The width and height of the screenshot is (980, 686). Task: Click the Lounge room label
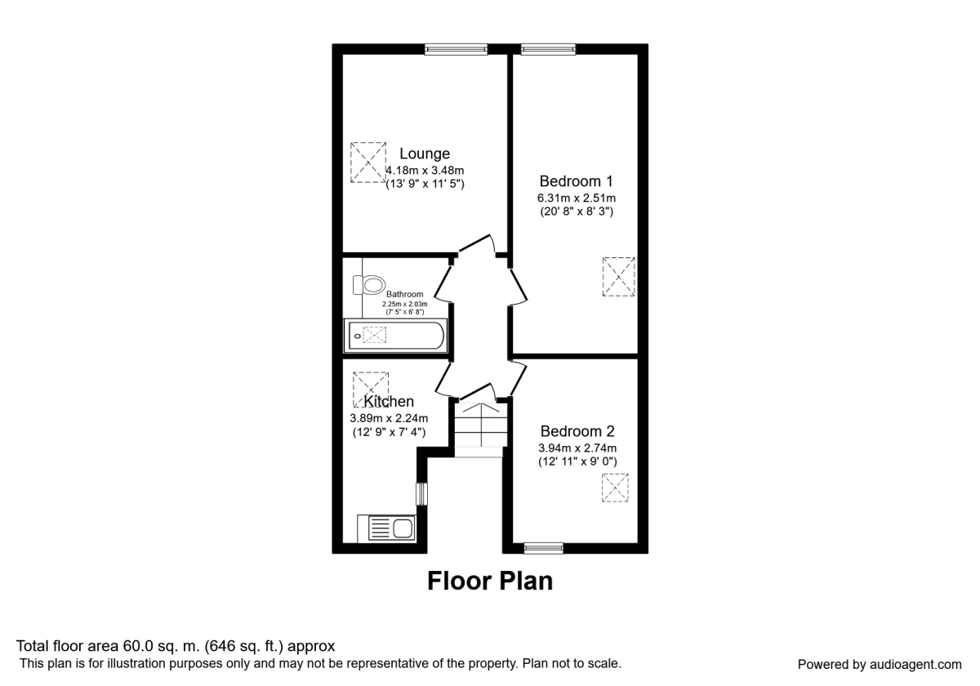[425, 154]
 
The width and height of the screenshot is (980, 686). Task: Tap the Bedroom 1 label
[577, 180]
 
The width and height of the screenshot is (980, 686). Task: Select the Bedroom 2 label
[577, 431]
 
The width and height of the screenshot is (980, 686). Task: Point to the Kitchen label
[389, 402]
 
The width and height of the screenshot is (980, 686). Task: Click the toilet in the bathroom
[370, 285]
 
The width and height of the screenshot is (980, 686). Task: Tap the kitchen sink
[386, 528]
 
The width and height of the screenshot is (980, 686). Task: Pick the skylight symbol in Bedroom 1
[619, 277]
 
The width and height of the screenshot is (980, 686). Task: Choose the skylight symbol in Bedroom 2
[616, 488]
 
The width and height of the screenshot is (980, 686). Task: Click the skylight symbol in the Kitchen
[370, 390]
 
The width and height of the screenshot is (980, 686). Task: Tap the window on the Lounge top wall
[456, 49]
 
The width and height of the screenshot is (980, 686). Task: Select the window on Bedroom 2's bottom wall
[543, 548]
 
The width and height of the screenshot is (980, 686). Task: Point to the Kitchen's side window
[421, 494]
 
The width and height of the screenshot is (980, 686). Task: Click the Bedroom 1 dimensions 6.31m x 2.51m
[577, 198]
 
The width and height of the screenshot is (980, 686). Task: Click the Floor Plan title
[490, 581]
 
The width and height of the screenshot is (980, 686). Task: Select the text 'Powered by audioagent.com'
[880, 664]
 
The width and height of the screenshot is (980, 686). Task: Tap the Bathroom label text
[405, 295]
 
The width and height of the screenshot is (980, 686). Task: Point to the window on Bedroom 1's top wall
[548, 49]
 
